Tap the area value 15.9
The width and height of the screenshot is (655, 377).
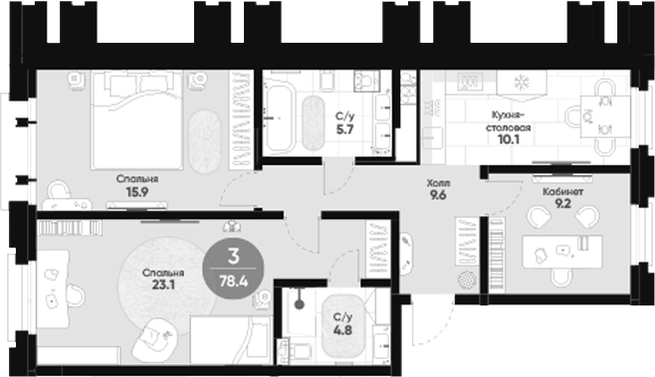[x=134, y=194]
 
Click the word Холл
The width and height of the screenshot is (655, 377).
[x=438, y=183]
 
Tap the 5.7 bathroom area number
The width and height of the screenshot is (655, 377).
[x=341, y=129]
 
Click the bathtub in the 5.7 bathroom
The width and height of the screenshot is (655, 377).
[x=285, y=118]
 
